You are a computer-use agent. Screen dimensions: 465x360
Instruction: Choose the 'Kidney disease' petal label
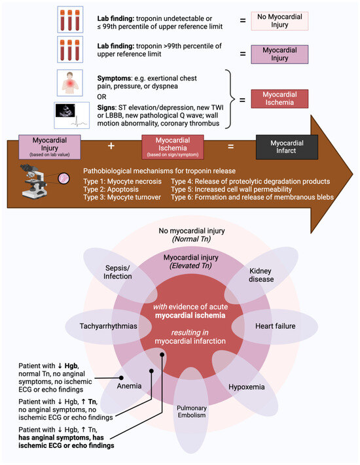click(x=261, y=274)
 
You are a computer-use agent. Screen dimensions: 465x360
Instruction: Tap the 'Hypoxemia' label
click(x=247, y=387)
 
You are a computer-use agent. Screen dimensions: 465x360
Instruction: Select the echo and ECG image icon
click(x=70, y=116)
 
